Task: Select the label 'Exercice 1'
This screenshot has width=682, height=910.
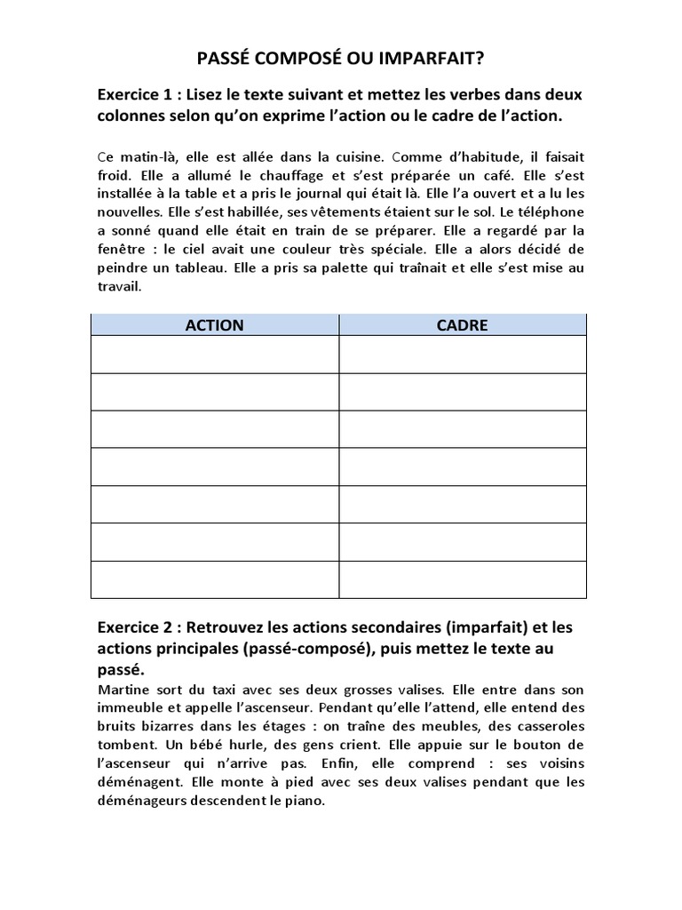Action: click(136, 95)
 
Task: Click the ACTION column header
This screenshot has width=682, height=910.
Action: click(214, 325)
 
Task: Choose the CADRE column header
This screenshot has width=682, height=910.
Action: click(462, 325)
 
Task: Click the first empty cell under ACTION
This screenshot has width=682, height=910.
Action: click(214, 355)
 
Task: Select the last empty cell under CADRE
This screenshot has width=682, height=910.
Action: click(462, 579)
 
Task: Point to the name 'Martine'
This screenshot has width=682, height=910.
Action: click(122, 690)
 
